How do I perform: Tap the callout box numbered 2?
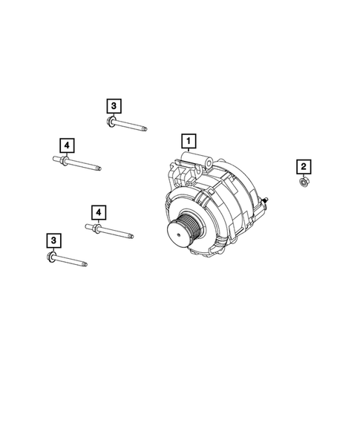pos(303,166)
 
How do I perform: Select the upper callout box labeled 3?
pos(113,106)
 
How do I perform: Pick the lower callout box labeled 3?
pos(53,240)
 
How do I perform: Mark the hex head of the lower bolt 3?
pos(51,257)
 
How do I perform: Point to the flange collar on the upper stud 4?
pos(65,160)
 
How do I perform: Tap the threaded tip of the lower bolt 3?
pos(85,263)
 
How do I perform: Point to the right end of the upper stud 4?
pos(99,168)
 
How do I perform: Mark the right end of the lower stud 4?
pos(132,237)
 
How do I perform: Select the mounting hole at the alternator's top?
pos(209,161)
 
